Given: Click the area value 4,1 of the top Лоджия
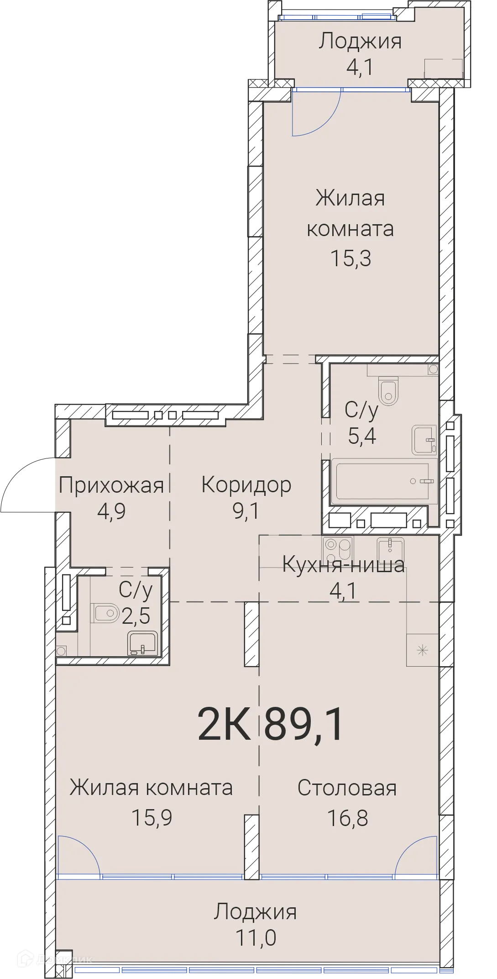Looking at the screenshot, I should (x=360, y=68).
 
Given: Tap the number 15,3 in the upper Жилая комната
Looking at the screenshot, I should (x=351, y=258).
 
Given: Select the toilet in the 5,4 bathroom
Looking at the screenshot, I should (x=388, y=391).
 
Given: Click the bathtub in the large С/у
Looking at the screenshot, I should (x=383, y=481).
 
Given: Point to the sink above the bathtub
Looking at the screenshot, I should (x=424, y=440).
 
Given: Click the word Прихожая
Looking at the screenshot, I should (x=111, y=485).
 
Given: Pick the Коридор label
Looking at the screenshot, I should (x=246, y=485).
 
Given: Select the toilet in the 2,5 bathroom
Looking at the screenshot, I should (x=105, y=613).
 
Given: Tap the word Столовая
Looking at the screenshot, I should (x=347, y=788).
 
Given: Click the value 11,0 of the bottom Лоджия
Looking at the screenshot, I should (x=256, y=938).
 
